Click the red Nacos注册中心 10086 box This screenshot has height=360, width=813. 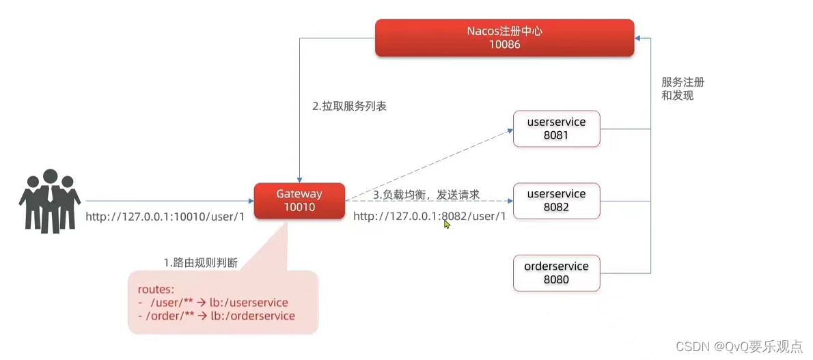pyautogui.click(x=504, y=38)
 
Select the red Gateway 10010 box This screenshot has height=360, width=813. pyautogui.click(x=299, y=200)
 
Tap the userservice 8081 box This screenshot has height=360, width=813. pyautogui.click(x=556, y=128)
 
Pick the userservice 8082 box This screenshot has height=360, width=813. pyautogui.click(x=556, y=200)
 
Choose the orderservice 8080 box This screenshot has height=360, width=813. pyautogui.click(x=556, y=273)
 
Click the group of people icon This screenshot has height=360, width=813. pyautogui.click(x=49, y=199)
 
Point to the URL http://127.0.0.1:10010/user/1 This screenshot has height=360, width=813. pyautogui.click(x=165, y=217)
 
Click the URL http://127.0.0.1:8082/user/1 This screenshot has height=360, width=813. pyautogui.click(x=429, y=217)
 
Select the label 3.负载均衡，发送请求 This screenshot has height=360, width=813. pyautogui.click(x=426, y=195)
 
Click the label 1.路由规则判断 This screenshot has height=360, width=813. pyautogui.click(x=200, y=262)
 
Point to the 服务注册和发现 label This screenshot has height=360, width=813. pyautogui.click(x=683, y=89)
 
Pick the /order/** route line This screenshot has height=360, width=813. pyautogui.click(x=217, y=316)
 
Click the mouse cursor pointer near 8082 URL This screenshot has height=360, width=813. pyautogui.click(x=447, y=223)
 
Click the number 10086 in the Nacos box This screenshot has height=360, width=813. pyautogui.click(x=504, y=44)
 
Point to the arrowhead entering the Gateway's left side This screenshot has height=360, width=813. pyautogui.click(x=251, y=201)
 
